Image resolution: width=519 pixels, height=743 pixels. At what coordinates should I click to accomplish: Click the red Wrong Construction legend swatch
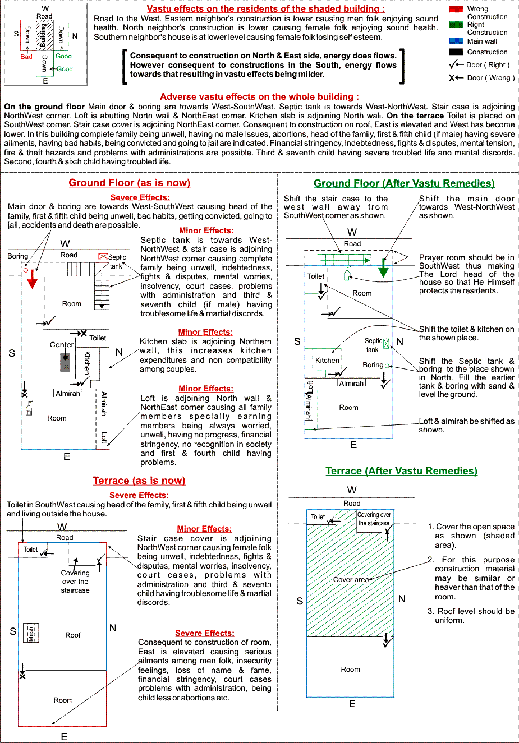[456, 9]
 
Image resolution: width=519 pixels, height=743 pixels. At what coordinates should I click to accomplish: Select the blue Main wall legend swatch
[456, 41]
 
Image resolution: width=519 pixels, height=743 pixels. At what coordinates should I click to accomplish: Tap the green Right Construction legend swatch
[456, 25]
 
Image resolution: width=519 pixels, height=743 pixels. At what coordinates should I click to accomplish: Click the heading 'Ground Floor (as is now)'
[129, 183]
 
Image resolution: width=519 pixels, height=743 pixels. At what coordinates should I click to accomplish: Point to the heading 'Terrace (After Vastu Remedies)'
[401, 471]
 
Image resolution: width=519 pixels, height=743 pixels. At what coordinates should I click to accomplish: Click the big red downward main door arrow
[33, 279]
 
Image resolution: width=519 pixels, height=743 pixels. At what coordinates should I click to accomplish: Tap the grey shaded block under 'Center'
[65, 363]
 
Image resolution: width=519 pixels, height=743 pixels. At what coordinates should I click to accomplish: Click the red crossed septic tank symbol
[103, 256]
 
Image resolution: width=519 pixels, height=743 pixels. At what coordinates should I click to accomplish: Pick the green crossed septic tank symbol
[386, 343]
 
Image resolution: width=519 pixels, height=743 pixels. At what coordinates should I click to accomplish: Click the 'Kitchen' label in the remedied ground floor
[327, 361]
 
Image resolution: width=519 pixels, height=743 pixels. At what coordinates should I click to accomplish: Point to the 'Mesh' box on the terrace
[31, 633]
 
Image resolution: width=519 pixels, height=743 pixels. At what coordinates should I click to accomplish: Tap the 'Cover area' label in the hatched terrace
[351, 580]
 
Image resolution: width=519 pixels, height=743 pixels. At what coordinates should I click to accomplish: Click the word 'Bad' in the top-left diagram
[26, 57]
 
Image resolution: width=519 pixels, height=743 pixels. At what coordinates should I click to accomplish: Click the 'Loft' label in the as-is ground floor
[104, 437]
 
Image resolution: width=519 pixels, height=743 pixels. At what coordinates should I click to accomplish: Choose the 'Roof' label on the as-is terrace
[73, 635]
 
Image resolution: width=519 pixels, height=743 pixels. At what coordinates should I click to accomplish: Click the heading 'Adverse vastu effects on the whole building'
[259, 96]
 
